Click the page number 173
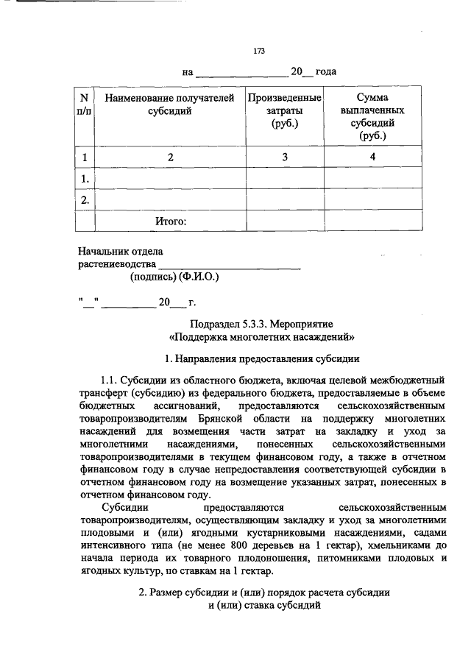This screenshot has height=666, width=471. tap(258, 51)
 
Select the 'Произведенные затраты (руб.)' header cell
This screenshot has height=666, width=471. tap(284, 110)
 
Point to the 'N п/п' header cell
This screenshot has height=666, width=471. tap(85, 104)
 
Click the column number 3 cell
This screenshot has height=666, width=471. tap(284, 157)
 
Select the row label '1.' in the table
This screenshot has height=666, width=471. tap(85, 178)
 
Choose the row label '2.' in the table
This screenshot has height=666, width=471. tap(85, 199)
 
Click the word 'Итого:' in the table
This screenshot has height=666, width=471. tap(171, 220)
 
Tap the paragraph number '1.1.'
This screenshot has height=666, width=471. tap(109, 380)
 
